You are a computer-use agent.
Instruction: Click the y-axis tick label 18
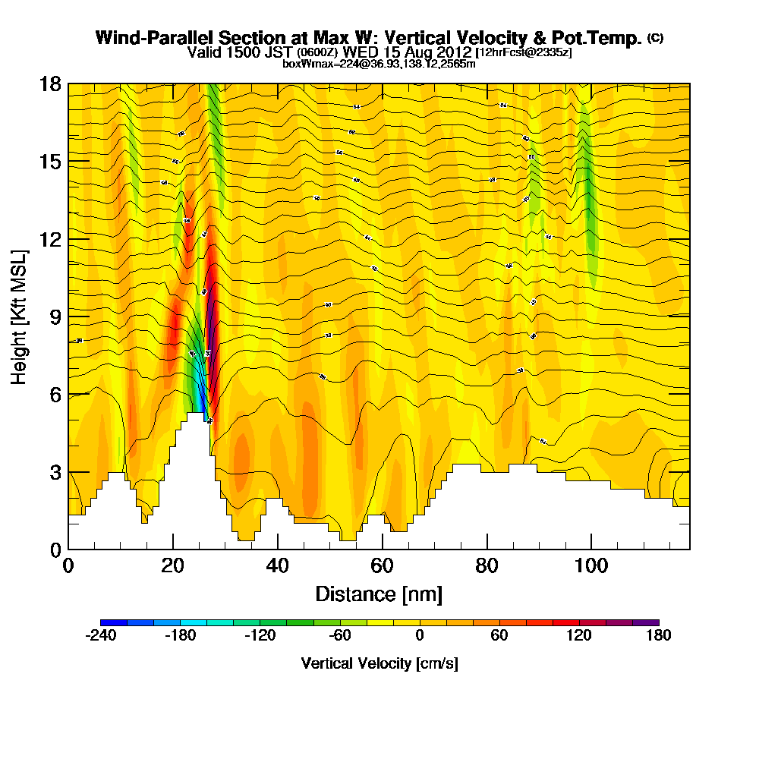point(51,84)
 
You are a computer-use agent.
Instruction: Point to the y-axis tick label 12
point(51,239)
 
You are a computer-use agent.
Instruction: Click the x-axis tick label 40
point(278,565)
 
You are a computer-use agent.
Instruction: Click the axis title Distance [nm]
point(379,594)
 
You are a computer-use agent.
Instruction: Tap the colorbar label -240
point(99,636)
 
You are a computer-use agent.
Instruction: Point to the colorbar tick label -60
point(339,636)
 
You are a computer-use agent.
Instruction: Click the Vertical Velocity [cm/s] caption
point(379,663)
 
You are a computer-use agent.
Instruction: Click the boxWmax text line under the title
point(379,64)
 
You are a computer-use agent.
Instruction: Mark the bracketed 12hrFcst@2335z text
point(523,52)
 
